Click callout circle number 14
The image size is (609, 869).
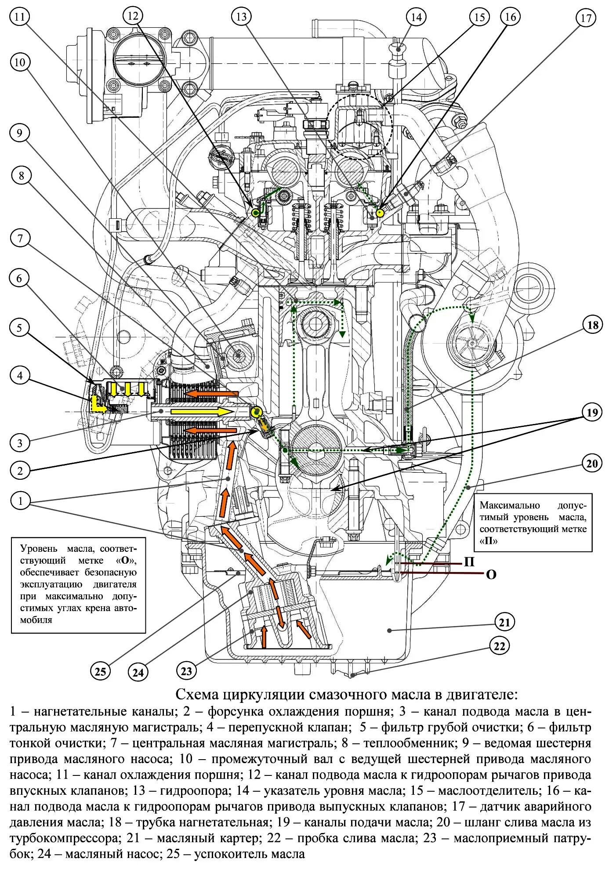coord(416,17)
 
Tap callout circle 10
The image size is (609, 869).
coord(19,62)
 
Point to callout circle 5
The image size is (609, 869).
coord(19,328)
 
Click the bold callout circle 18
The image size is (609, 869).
coord(593,325)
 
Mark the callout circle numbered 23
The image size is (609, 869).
coord(186,671)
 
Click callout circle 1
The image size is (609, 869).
coord(19,501)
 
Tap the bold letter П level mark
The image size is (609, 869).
coord(469,561)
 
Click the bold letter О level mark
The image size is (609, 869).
coord(491,574)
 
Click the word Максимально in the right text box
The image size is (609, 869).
coord(509,505)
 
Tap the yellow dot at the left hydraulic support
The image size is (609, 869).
coord(255,213)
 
